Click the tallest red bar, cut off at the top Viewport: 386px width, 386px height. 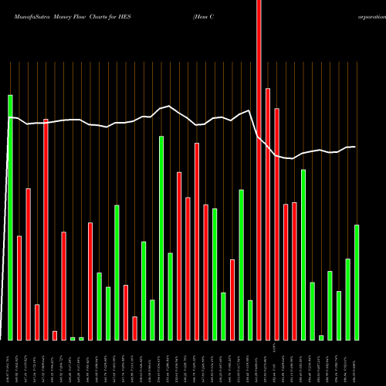click(x=259, y=170)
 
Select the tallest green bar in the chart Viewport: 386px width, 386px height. click(x=11, y=217)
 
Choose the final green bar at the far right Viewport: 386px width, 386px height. click(x=357, y=282)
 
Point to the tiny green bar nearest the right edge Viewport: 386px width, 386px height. click(x=321, y=337)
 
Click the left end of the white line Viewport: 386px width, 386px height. click(x=8, y=117)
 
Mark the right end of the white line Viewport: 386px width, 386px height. click(x=355, y=147)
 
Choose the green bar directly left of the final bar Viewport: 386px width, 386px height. click(x=347, y=299)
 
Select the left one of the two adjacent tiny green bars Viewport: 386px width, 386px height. click(x=73, y=338)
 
